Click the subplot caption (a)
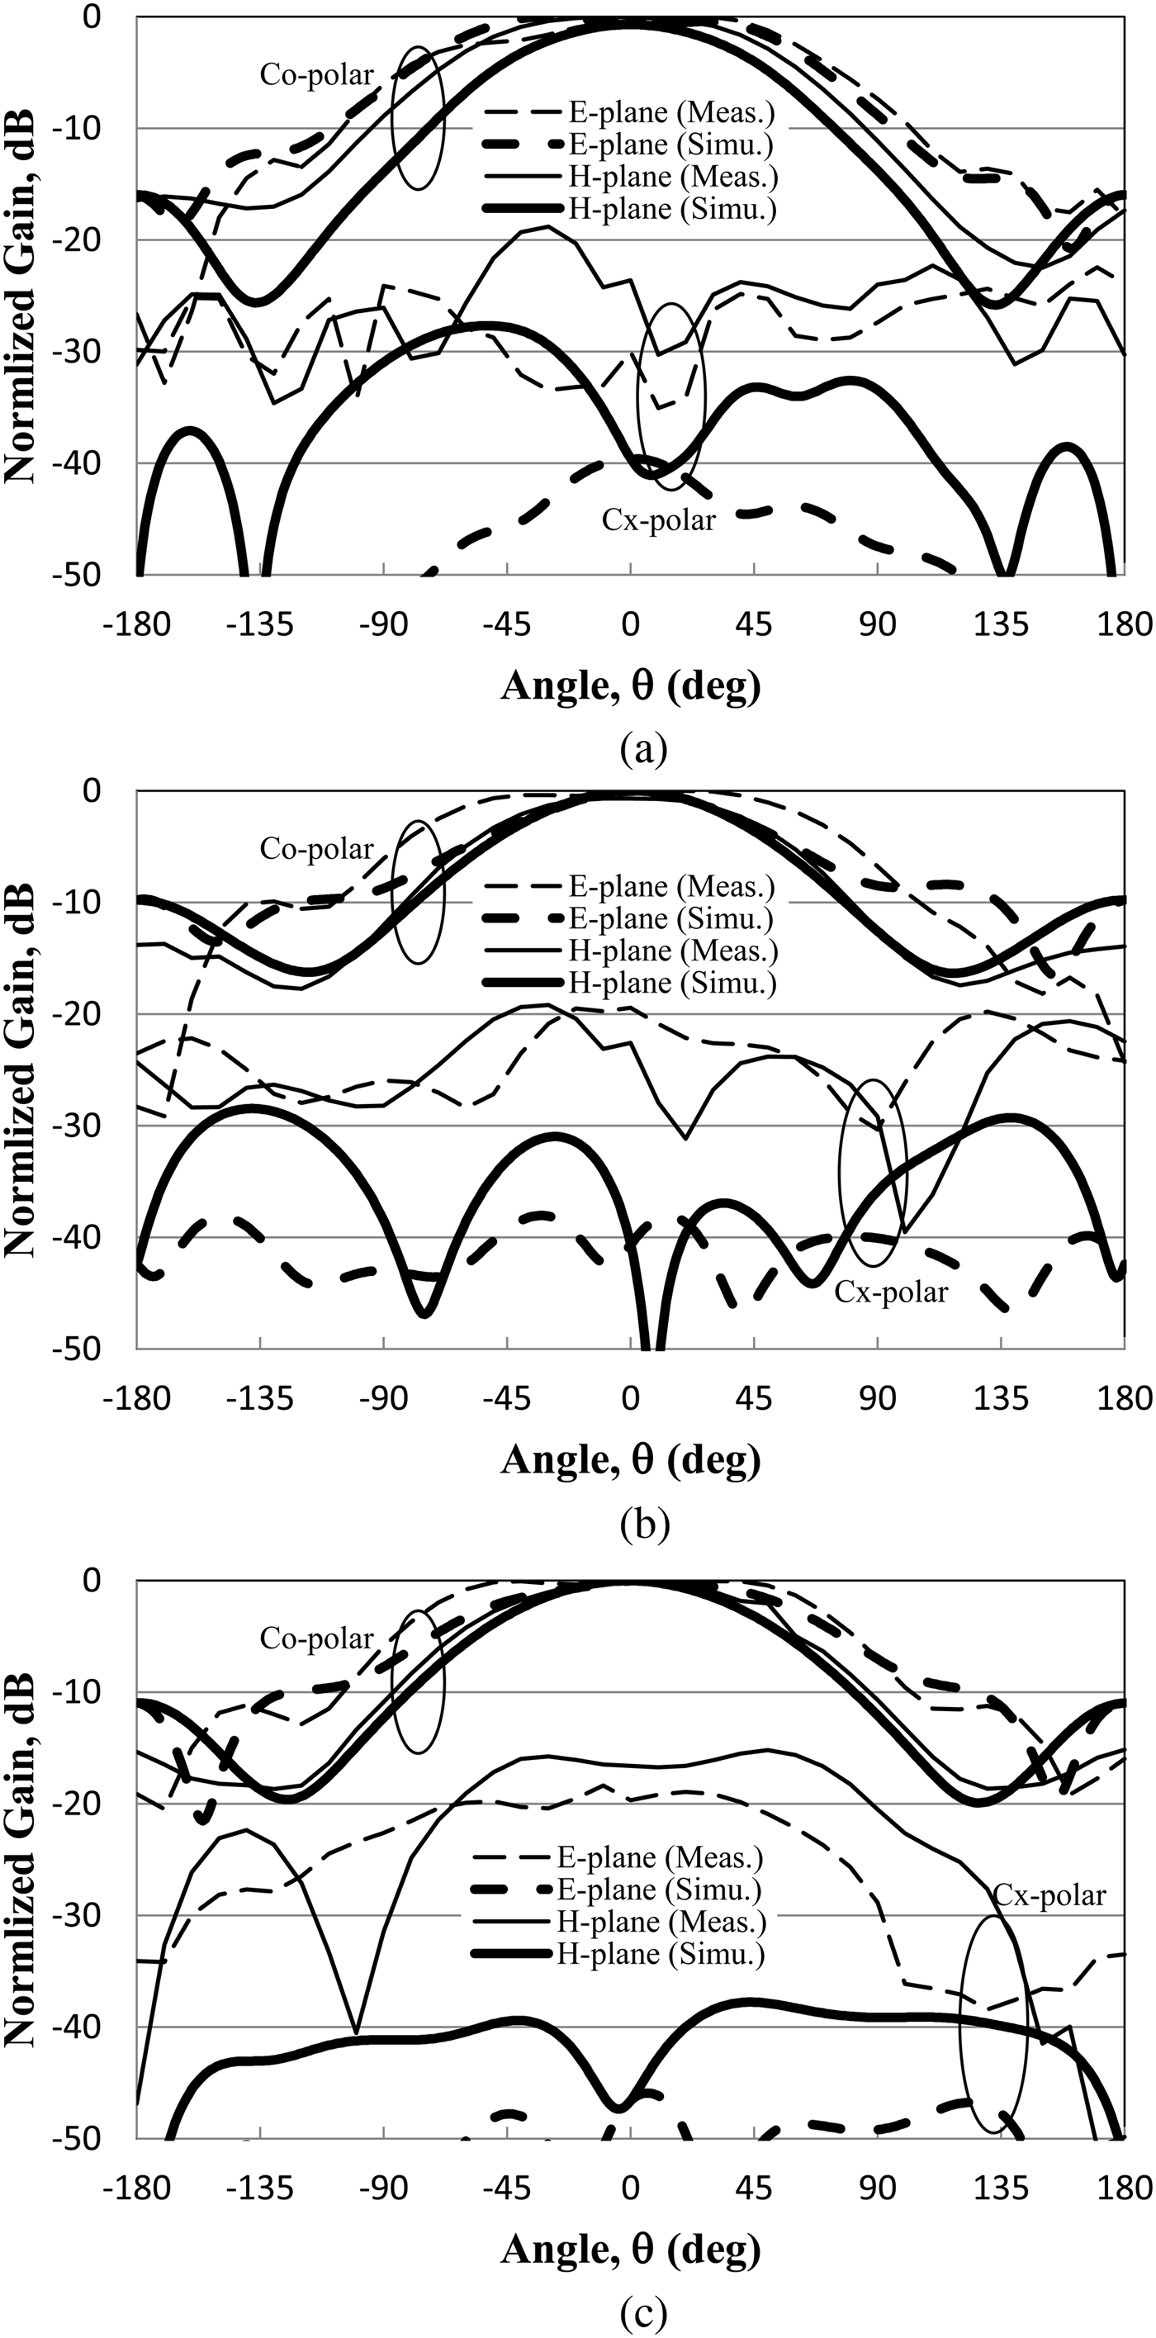pyautogui.click(x=644, y=750)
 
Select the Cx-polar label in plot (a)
pyautogui.click(x=658, y=520)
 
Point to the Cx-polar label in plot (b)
pyautogui.click(x=890, y=1292)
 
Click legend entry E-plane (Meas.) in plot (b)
pyautogui.click(x=671, y=886)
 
